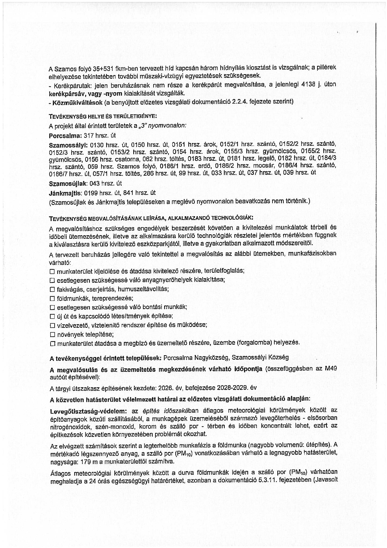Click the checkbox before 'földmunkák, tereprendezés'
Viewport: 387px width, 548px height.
click(52, 298)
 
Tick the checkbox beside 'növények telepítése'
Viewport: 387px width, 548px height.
click(52, 335)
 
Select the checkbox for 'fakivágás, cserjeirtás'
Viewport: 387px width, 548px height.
click(52, 289)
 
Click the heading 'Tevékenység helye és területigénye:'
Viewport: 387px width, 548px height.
click(103, 116)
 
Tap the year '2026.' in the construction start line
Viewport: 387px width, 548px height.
click(165, 388)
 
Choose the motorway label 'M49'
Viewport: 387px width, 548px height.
click(331, 369)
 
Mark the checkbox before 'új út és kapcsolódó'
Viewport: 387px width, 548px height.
click(52, 316)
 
